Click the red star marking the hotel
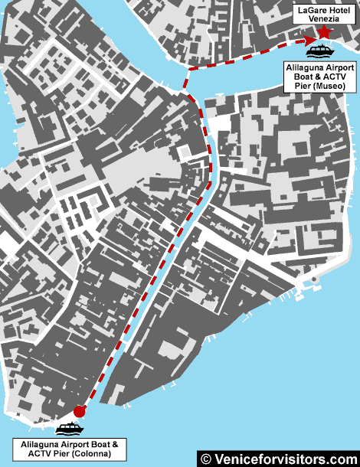[x=323, y=32]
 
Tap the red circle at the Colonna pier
[x=79, y=411]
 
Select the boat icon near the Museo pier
[x=319, y=51]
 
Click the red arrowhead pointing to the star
[x=309, y=40]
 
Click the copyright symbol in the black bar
[x=205, y=459]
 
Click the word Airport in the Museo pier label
[x=341, y=67]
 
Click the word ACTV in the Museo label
[x=339, y=77]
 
